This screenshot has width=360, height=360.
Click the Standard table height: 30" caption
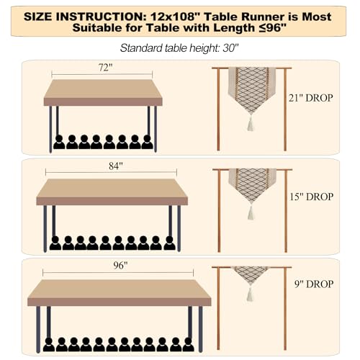[x=179, y=49]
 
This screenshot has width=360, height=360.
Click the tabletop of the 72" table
[x=102, y=92]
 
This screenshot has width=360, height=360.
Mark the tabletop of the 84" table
[x=112, y=192]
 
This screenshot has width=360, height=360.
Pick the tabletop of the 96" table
[x=119, y=291]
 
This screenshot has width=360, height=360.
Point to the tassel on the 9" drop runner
[x=251, y=294]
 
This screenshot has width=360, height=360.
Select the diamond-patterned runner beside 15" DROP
[x=252, y=184]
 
